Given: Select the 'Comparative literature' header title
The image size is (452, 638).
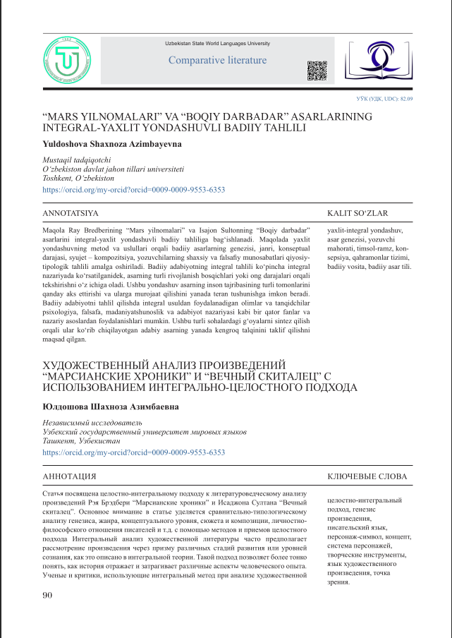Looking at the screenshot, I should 217,61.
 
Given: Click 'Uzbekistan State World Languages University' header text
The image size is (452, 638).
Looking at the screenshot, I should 218,44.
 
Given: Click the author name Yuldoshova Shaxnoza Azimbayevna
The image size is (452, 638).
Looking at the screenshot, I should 102,144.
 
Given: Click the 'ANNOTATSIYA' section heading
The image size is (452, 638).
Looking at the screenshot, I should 71,212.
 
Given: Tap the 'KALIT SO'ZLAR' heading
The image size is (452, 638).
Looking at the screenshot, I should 358,212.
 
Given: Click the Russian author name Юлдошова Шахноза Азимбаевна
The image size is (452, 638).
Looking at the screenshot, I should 111,407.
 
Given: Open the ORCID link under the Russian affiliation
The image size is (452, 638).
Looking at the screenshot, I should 134,452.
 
